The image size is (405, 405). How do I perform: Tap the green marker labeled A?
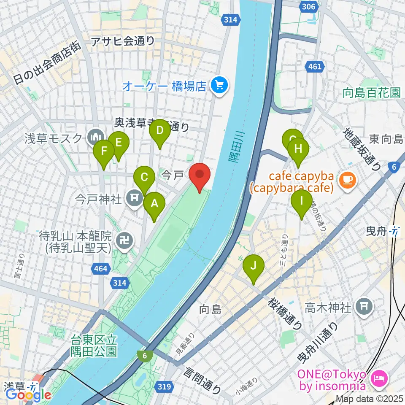pyautogui.click(x=154, y=204)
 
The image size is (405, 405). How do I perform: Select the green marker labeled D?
pyautogui.click(x=159, y=130)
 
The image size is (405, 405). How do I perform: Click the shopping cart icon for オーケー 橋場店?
pyautogui.click(x=219, y=86)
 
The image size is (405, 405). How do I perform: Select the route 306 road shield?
pyautogui.click(x=309, y=7)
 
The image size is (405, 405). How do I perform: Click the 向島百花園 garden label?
pyautogui.click(x=371, y=93)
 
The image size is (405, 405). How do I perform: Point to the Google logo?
pyautogui.click(x=28, y=395)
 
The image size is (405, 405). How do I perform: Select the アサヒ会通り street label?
pyautogui.click(x=124, y=41)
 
